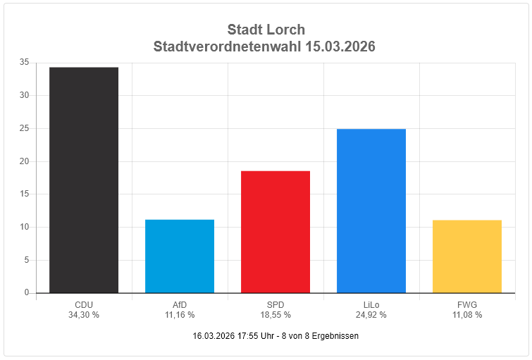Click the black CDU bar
[x=84, y=180]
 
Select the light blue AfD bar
[x=180, y=256]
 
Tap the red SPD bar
[x=276, y=232]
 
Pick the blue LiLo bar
[x=371, y=211]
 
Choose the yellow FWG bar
[x=467, y=256]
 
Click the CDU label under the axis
[x=84, y=305]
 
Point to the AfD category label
[x=180, y=305]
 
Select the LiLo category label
[x=371, y=305]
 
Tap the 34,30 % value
[x=84, y=315]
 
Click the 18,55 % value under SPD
[x=276, y=315]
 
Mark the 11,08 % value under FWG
[x=467, y=315]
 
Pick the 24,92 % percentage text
[x=371, y=315]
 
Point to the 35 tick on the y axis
[x=25, y=62]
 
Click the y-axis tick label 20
[x=25, y=161]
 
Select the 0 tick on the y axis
[x=27, y=292]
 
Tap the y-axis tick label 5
[x=27, y=260]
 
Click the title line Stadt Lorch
[x=266, y=30]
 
